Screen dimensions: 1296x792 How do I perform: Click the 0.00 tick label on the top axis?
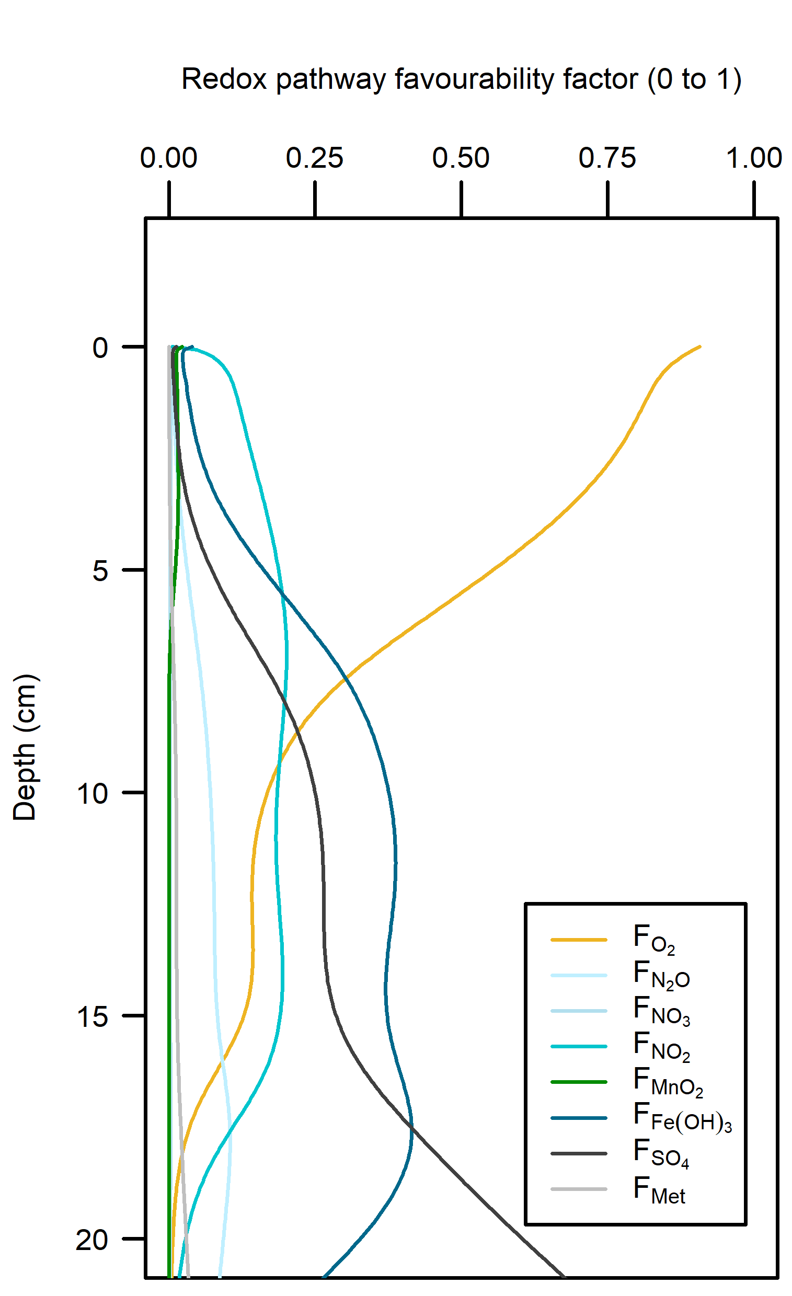point(168,158)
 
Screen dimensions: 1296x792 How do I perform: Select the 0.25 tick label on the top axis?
point(315,158)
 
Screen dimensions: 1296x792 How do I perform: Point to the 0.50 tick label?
point(461,158)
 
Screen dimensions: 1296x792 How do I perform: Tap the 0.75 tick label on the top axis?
point(607,158)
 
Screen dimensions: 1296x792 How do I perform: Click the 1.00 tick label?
point(754,158)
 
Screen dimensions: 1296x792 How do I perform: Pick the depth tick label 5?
point(100,571)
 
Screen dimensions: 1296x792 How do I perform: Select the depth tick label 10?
point(93,794)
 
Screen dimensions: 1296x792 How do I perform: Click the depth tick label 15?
point(93,1017)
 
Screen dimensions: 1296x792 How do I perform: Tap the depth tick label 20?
point(93,1240)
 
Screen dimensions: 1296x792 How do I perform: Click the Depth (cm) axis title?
point(25,747)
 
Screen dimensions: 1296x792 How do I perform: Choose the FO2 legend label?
point(654,939)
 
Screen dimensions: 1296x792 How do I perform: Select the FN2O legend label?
point(661,975)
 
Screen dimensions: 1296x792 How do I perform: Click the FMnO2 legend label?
point(668,1081)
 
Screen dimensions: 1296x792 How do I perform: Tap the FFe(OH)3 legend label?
point(683,1117)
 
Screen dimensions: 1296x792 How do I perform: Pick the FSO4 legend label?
point(661,1153)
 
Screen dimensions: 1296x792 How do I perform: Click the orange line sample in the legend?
point(579,940)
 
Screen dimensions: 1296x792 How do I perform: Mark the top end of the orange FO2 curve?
point(700,346)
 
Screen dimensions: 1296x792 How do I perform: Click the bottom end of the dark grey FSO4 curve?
point(565,1276)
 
